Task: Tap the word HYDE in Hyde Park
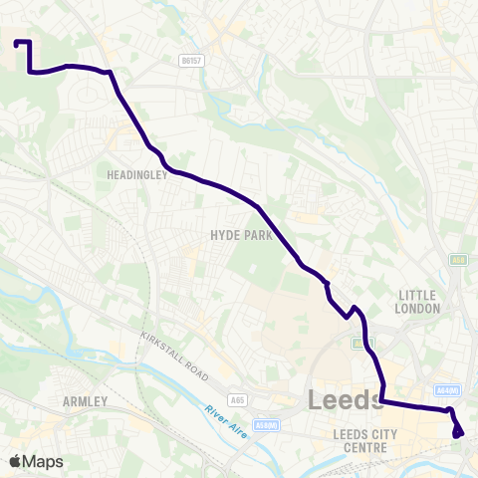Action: (223, 236)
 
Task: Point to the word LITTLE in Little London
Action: (418, 296)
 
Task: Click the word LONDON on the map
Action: (418, 309)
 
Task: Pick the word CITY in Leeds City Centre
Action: (381, 434)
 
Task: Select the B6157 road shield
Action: (192, 61)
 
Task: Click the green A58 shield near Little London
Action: (458, 260)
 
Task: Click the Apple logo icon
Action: (16, 461)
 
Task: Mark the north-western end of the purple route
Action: (17, 43)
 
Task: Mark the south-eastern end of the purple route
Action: (459, 433)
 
